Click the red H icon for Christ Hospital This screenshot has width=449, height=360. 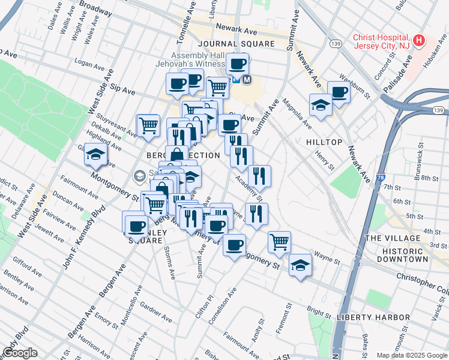click(x=419, y=41)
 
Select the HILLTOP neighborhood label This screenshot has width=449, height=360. click(x=324, y=142)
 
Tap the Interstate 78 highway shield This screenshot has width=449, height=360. click(x=381, y=178)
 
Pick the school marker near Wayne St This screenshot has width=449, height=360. click(x=299, y=265)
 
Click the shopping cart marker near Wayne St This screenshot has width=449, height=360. click(x=279, y=241)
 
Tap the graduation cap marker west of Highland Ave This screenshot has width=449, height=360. click(x=95, y=155)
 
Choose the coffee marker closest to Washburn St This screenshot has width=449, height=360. click(x=339, y=92)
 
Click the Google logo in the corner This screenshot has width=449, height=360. click(x=20, y=353)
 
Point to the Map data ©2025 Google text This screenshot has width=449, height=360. click(x=412, y=355)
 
